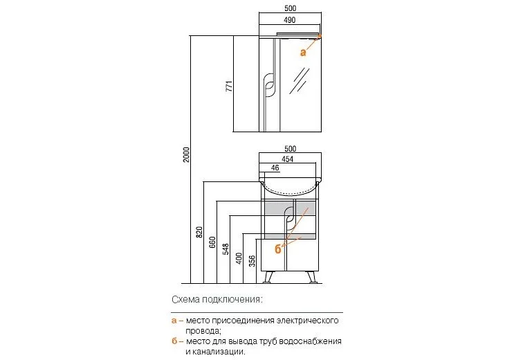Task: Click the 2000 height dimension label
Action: click(x=186, y=155)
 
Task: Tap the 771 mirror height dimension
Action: click(x=230, y=86)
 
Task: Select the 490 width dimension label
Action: click(x=289, y=20)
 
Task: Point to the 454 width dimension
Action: click(x=288, y=159)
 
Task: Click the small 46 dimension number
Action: click(x=275, y=168)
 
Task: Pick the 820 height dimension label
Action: click(x=199, y=232)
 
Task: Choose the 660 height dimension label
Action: click(x=212, y=242)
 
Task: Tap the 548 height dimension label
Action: click(x=226, y=249)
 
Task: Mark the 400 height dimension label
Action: click(x=239, y=258)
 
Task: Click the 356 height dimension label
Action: click(x=252, y=261)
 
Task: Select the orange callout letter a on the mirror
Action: click(x=303, y=52)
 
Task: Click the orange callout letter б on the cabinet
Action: click(x=278, y=249)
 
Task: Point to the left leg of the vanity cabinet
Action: click(x=268, y=277)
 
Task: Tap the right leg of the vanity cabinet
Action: click(x=311, y=277)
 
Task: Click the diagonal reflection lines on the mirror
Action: click(x=300, y=81)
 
